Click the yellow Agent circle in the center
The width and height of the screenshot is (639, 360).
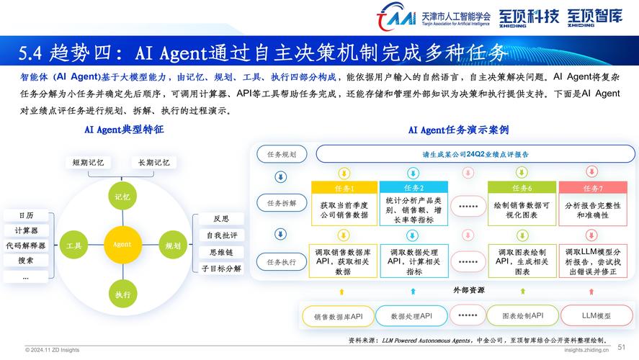tap(122, 244)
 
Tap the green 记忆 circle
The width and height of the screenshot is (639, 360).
tap(122, 197)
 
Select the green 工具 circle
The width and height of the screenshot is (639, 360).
tap(73, 245)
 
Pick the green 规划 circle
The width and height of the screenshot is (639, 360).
tap(173, 246)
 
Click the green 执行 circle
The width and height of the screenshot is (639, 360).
tap(122, 294)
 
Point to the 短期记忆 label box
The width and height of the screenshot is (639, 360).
tap(89, 163)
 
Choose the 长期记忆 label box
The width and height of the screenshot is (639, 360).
tap(154, 163)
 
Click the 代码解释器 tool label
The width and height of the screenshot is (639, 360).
tap(26, 246)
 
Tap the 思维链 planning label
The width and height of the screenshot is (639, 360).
tap(221, 252)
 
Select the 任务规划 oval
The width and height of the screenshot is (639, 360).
tap(282, 154)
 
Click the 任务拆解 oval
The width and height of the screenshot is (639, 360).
tap(282, 203)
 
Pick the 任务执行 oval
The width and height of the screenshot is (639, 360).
tap(282, 262)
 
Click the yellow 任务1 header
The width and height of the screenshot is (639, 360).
tap(344, 188)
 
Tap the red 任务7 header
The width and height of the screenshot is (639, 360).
tap(593, 188)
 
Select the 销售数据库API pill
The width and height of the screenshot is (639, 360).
tap(339, 316)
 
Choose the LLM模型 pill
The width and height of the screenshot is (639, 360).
tap(596, 315)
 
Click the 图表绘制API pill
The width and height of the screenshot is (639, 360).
tap(523, 315)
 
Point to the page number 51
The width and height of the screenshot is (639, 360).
tap(621, 347)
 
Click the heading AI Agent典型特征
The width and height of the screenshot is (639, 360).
tap(124, 130)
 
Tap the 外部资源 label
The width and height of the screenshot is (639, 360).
tap(469, 290)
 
